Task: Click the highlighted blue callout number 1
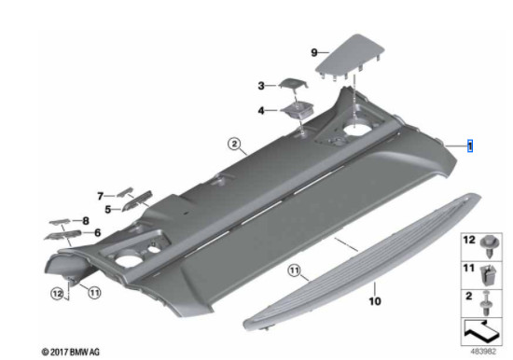coord(471,146)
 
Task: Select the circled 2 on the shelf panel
coord(234,144)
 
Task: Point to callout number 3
coord(261,86)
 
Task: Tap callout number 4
coord(261,110)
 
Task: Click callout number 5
coord(108,210)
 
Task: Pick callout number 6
coord(97,232)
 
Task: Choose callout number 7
coord(100,196)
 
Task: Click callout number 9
coord(314,52)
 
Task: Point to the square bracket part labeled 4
coord(298,110)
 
